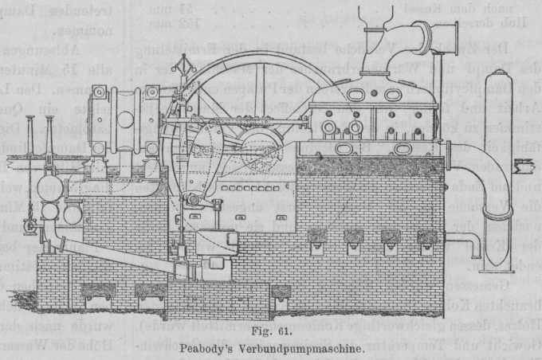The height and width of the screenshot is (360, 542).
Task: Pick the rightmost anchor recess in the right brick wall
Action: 428,237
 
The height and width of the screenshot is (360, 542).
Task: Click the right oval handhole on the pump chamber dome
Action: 394,95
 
